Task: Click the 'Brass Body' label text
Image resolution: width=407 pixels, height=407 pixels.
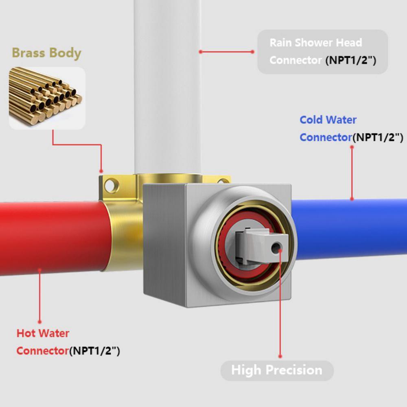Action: tap(46, 53)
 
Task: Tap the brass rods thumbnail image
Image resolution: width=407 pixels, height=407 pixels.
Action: tap(47, 98)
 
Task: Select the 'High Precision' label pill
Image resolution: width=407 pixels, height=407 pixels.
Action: tap(277, 370)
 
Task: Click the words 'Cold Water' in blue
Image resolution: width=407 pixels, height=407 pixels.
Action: tap(328, 120)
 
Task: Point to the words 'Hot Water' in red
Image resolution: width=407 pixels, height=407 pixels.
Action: tap(43, 333)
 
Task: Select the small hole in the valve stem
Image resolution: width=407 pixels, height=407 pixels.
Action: tap(276, 248)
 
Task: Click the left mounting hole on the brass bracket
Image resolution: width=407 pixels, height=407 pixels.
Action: tap(112, 186)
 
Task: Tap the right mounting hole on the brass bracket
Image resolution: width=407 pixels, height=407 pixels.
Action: tap(223, 181)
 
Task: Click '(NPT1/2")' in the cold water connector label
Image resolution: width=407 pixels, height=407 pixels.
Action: tap(378, 137)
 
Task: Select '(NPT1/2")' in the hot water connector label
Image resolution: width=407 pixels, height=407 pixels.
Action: tap(94, 351)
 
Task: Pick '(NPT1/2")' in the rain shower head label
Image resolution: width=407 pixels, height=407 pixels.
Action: tap(351, 60)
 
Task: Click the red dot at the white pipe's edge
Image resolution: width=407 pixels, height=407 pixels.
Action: tap(200, 52)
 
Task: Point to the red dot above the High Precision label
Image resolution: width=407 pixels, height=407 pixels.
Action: tap(280, 357)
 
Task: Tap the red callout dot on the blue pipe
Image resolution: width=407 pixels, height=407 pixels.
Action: tap(352, 199)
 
